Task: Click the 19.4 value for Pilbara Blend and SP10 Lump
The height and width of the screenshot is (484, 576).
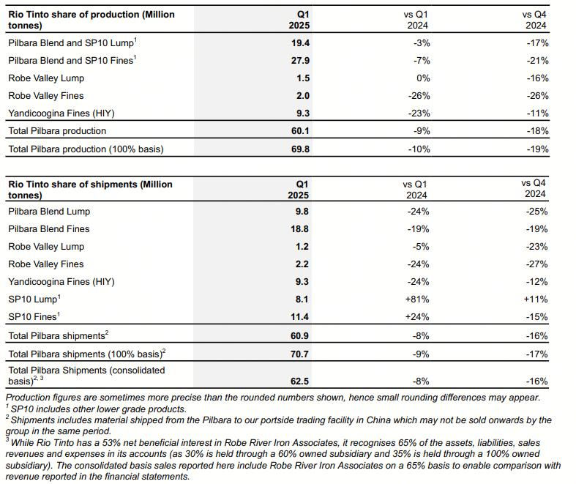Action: tap(300, 43)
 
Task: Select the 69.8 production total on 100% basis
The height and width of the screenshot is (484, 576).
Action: tap(300, 149)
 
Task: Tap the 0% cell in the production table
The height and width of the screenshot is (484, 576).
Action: tap(423, 78)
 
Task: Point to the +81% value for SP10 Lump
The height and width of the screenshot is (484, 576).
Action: tap(417, 299)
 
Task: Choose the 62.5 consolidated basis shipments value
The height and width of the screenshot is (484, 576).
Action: tap(299, 381)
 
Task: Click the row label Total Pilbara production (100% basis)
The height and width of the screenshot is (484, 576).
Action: tap(86, 149)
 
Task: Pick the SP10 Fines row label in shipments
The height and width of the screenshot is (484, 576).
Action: tap(34, 316)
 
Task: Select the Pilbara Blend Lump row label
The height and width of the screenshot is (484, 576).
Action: tap(49, 212)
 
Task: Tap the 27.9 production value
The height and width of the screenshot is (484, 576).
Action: tap(300, 61)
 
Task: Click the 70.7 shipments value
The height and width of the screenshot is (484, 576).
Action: tap(299, 354)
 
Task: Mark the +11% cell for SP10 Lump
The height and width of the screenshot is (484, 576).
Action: tap(536, 299)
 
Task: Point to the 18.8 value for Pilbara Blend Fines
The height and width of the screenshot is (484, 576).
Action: tap(299, 229)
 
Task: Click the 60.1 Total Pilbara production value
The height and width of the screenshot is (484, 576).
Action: tap(300, 131)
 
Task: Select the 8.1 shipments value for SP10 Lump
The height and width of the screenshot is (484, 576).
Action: tap(302, 299)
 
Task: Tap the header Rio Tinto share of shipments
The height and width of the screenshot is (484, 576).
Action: tap(90, 190)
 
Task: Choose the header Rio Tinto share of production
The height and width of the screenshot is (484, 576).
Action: tap(91, 20)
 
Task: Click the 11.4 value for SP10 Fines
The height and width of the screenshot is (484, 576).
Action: tap(299, 317)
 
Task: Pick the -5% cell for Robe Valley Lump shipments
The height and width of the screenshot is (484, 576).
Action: tap(421, 247)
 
